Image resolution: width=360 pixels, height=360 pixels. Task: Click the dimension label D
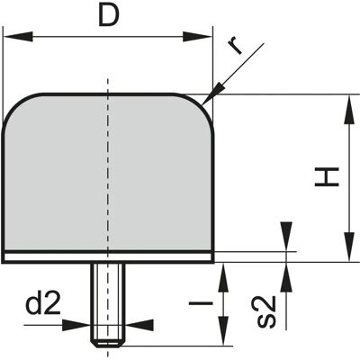coord(109,15)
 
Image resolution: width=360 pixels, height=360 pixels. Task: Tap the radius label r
coord(235,47)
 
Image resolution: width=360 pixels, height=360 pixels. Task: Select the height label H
coord(327,177)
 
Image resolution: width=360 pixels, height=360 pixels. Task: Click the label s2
coord(266,311)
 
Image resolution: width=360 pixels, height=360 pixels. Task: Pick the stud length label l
coord(201,303)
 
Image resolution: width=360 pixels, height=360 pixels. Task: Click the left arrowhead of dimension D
coord(19,37)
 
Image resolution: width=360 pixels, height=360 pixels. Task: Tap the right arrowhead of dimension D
coord(197,37)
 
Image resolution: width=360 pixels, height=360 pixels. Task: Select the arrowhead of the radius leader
coord(213,94)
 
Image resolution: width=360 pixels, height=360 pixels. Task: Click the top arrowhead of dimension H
coord(349,110)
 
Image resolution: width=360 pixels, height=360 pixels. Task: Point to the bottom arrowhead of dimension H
coord(349,247)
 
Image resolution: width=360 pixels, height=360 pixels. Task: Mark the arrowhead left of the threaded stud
coord(76,325)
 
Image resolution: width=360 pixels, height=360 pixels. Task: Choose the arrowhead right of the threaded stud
coord(139,325)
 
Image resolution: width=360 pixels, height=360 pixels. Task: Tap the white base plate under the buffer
coord(108,256)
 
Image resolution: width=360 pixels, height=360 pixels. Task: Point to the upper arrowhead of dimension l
coord(223,278)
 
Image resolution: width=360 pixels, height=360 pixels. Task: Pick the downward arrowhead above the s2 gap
coord(287,236)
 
